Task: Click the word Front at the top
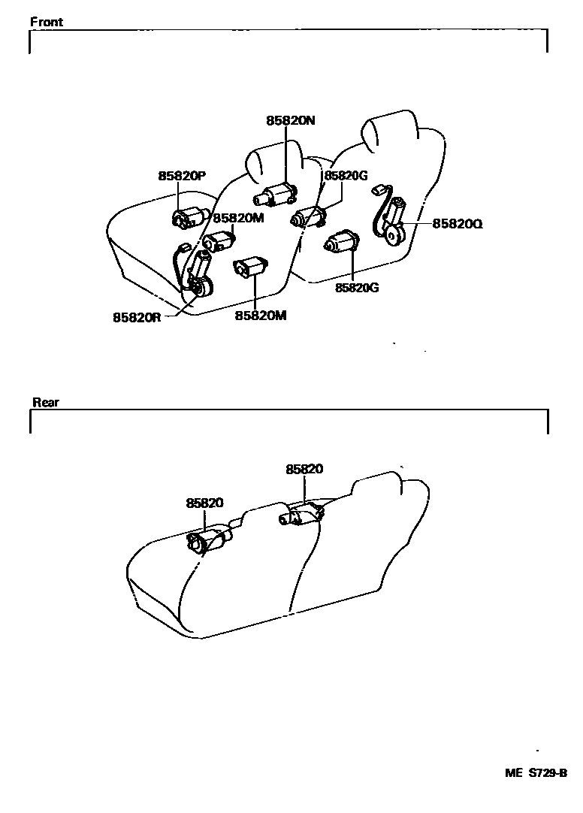click(x=47, y=22)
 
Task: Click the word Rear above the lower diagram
click(x=46, y=402)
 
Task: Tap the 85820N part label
click(x=290, y=120)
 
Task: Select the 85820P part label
click(x=182, y=176)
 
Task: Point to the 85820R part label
click(x=137, y=317)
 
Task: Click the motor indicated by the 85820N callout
click(x=276, y=195)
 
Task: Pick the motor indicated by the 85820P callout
click(x=187, y=217)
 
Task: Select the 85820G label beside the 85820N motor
click(x=344, y=176)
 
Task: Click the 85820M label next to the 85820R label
click(x=261, y=316)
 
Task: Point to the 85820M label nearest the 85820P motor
click(x=238, y=218)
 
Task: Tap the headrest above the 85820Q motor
click(x=388, y=130)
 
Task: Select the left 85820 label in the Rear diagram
click(x=205, y=503)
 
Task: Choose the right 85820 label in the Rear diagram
click(x=304, y=469)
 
